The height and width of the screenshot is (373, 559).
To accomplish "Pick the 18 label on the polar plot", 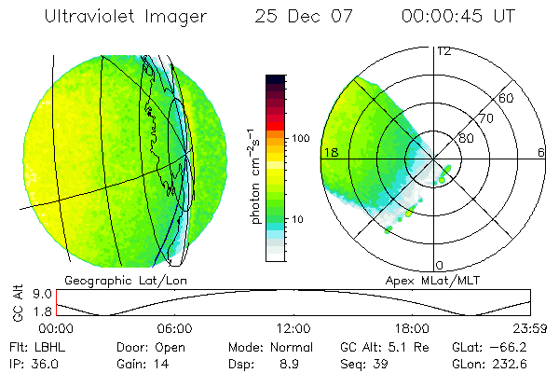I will (x=329, y=151).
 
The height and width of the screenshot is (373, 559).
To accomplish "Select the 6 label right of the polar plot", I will (x=540, y=151).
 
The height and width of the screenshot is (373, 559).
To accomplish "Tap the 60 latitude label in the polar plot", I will (x=506, y=99).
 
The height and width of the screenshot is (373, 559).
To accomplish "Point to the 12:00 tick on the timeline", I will (x=293, y=328).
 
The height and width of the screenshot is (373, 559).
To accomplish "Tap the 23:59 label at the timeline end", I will (x=530, y=328).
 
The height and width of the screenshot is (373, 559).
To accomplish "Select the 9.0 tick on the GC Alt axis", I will (x=38, y=292).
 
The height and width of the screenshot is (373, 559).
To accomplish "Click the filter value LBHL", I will (x=42, y=346).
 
